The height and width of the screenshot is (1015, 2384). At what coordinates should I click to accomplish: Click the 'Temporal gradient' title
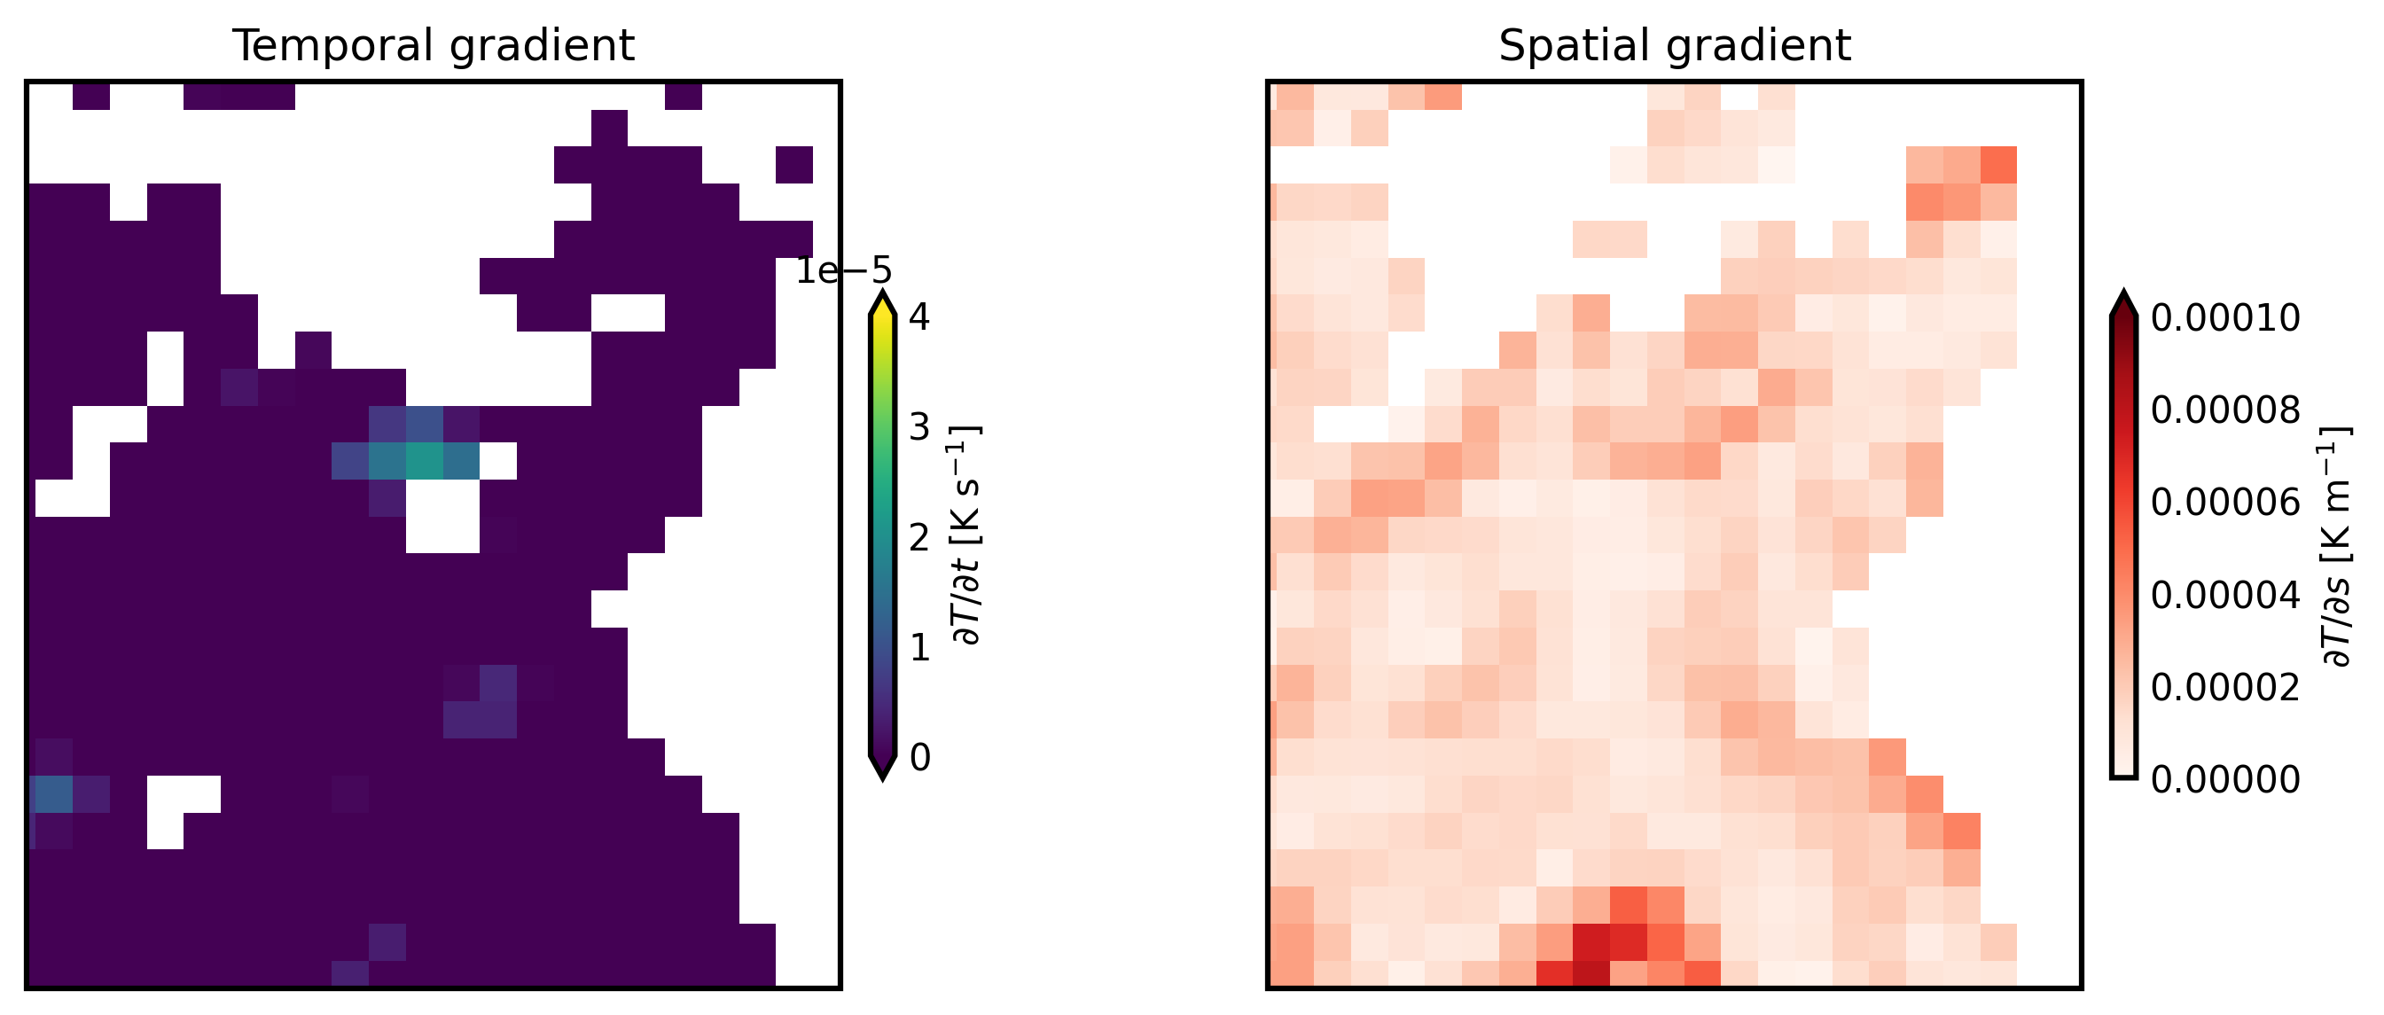click(x=434, y=45)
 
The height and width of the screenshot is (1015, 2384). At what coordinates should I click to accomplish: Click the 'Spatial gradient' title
click(x=1674, y=45)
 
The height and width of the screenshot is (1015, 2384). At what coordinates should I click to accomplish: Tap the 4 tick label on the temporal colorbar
click(x=919, y=317)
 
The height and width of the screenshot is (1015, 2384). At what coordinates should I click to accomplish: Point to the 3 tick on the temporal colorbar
click(x=919, y=427)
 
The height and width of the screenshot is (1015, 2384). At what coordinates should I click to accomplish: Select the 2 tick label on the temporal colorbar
click(x=919, y=537)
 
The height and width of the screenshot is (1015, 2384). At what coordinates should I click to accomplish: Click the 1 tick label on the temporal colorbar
click(x=919, y=648)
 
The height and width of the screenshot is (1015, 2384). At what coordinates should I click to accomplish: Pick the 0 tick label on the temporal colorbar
click(x=919, y=758)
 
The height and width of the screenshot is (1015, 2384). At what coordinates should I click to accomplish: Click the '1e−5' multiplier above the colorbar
click(x=843, y=271)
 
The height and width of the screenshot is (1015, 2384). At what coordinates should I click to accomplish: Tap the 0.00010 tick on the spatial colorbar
click(x=2224, y=318)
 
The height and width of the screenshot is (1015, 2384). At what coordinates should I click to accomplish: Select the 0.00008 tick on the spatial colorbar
click(x=2224, y=410)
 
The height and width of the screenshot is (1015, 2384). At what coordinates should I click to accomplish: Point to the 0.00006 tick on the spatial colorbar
click(x=2224, y=503)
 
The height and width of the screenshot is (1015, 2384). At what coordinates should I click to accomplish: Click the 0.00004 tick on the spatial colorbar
click(x=2224, y=595)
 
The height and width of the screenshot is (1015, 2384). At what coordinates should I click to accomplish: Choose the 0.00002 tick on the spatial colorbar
click(x=2224, y=688)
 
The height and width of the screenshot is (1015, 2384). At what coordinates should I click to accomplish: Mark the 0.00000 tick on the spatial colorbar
click(x=2224, y=780)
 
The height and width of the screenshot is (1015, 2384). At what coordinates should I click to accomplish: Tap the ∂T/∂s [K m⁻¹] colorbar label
click(x=2336, y=546)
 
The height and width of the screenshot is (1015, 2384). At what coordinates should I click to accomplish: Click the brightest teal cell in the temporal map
click(x=424, y=461)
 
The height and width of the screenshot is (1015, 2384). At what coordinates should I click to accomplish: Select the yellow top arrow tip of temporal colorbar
click(x=883, y=302)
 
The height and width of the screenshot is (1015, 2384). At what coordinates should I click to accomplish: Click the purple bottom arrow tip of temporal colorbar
click(x=883, y=769)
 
